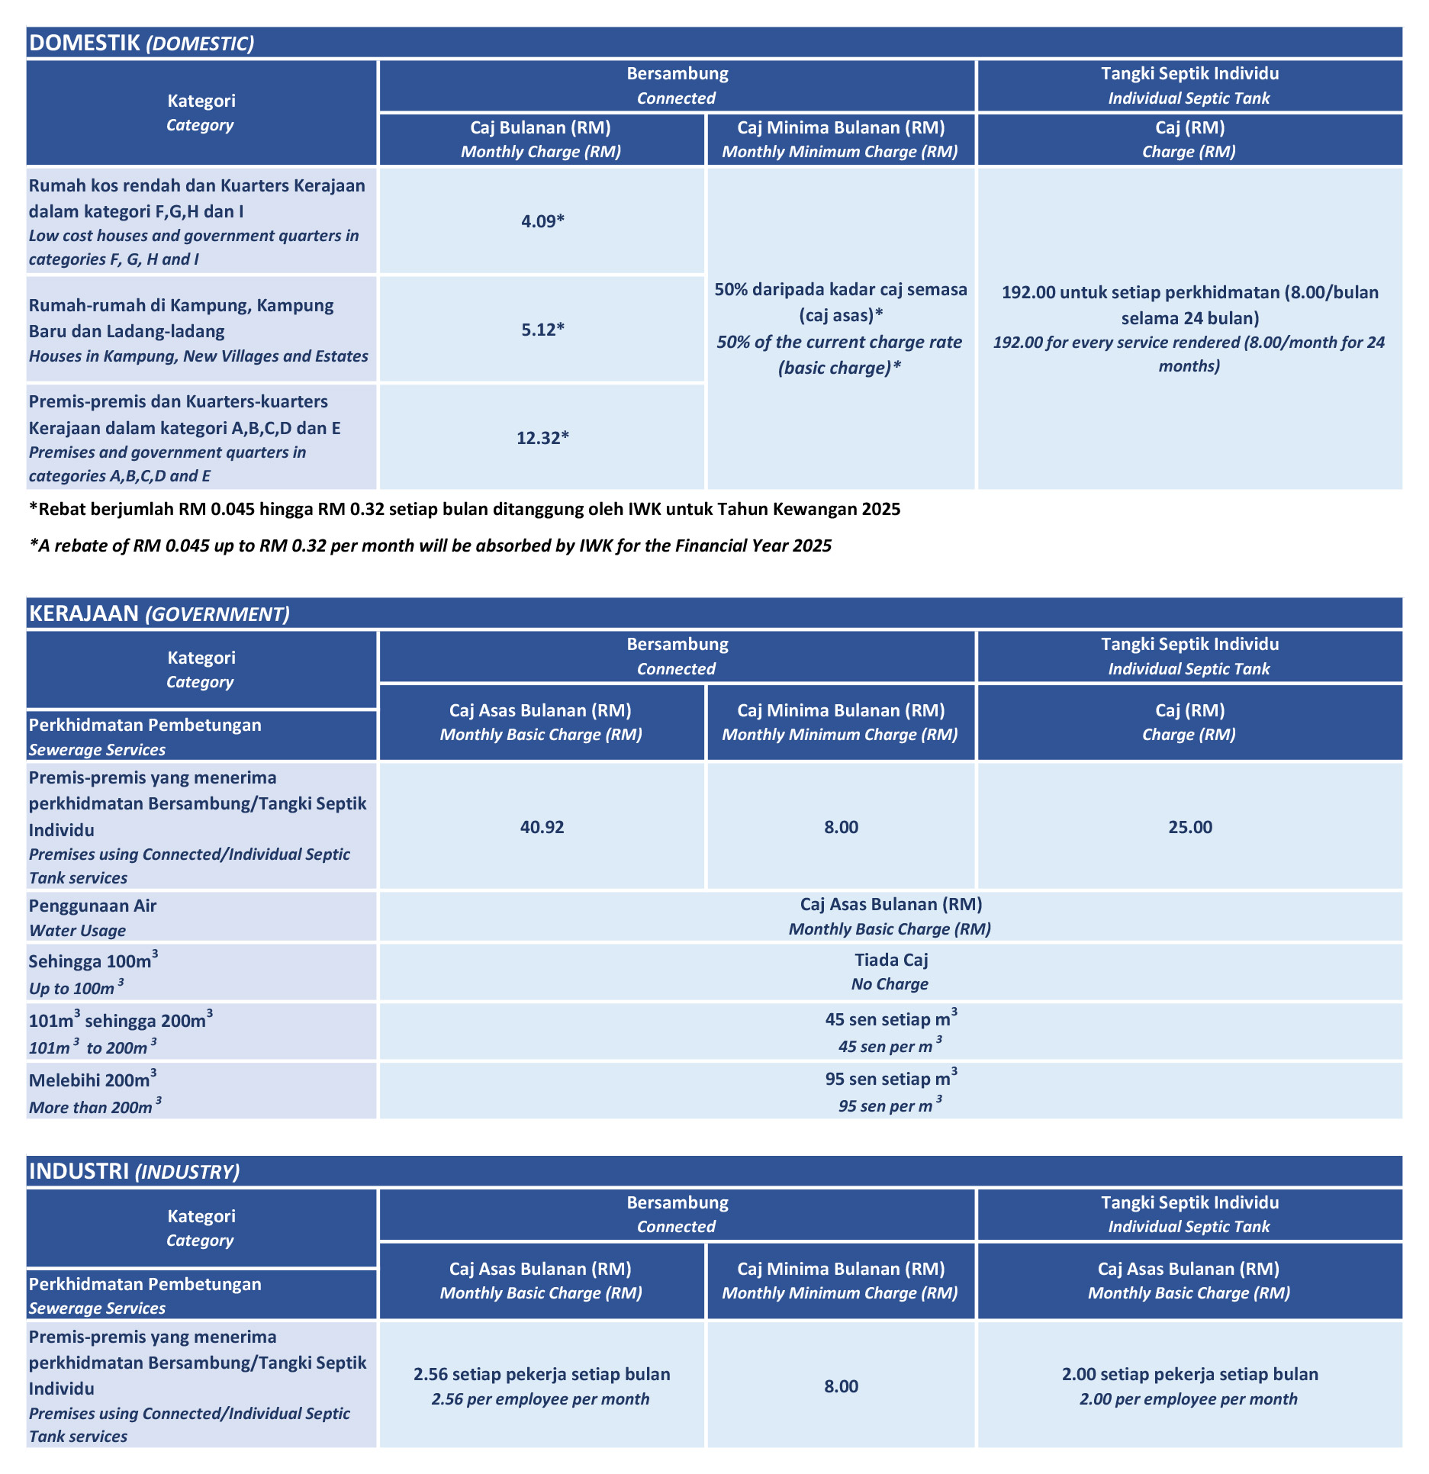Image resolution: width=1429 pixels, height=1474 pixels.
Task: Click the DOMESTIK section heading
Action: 141,43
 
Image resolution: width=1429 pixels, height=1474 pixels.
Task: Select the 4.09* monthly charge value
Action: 542,221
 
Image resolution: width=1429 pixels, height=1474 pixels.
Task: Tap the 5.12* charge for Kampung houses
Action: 542,330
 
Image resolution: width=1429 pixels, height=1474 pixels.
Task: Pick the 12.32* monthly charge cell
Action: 542,438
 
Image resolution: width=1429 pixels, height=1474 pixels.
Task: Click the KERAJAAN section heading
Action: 159,613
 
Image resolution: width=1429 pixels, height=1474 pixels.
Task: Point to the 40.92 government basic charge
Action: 542,827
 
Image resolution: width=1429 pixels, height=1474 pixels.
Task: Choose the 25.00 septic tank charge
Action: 1189,827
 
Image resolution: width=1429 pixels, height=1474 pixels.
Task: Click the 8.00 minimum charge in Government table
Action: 841,827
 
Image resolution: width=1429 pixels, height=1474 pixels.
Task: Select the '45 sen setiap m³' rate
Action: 890,1019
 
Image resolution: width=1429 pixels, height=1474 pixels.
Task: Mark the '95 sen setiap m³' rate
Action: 890,1079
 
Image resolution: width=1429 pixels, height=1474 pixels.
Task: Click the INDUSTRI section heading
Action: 134,1171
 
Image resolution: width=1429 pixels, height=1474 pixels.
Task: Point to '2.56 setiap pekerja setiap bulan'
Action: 542,1374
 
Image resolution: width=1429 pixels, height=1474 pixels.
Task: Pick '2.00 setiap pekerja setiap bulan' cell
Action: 1189,1374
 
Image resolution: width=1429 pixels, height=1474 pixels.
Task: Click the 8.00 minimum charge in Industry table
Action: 841,1386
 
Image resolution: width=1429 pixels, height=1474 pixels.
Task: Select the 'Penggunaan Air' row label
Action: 92,906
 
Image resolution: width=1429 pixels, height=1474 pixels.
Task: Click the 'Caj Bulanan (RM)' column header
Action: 540,127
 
